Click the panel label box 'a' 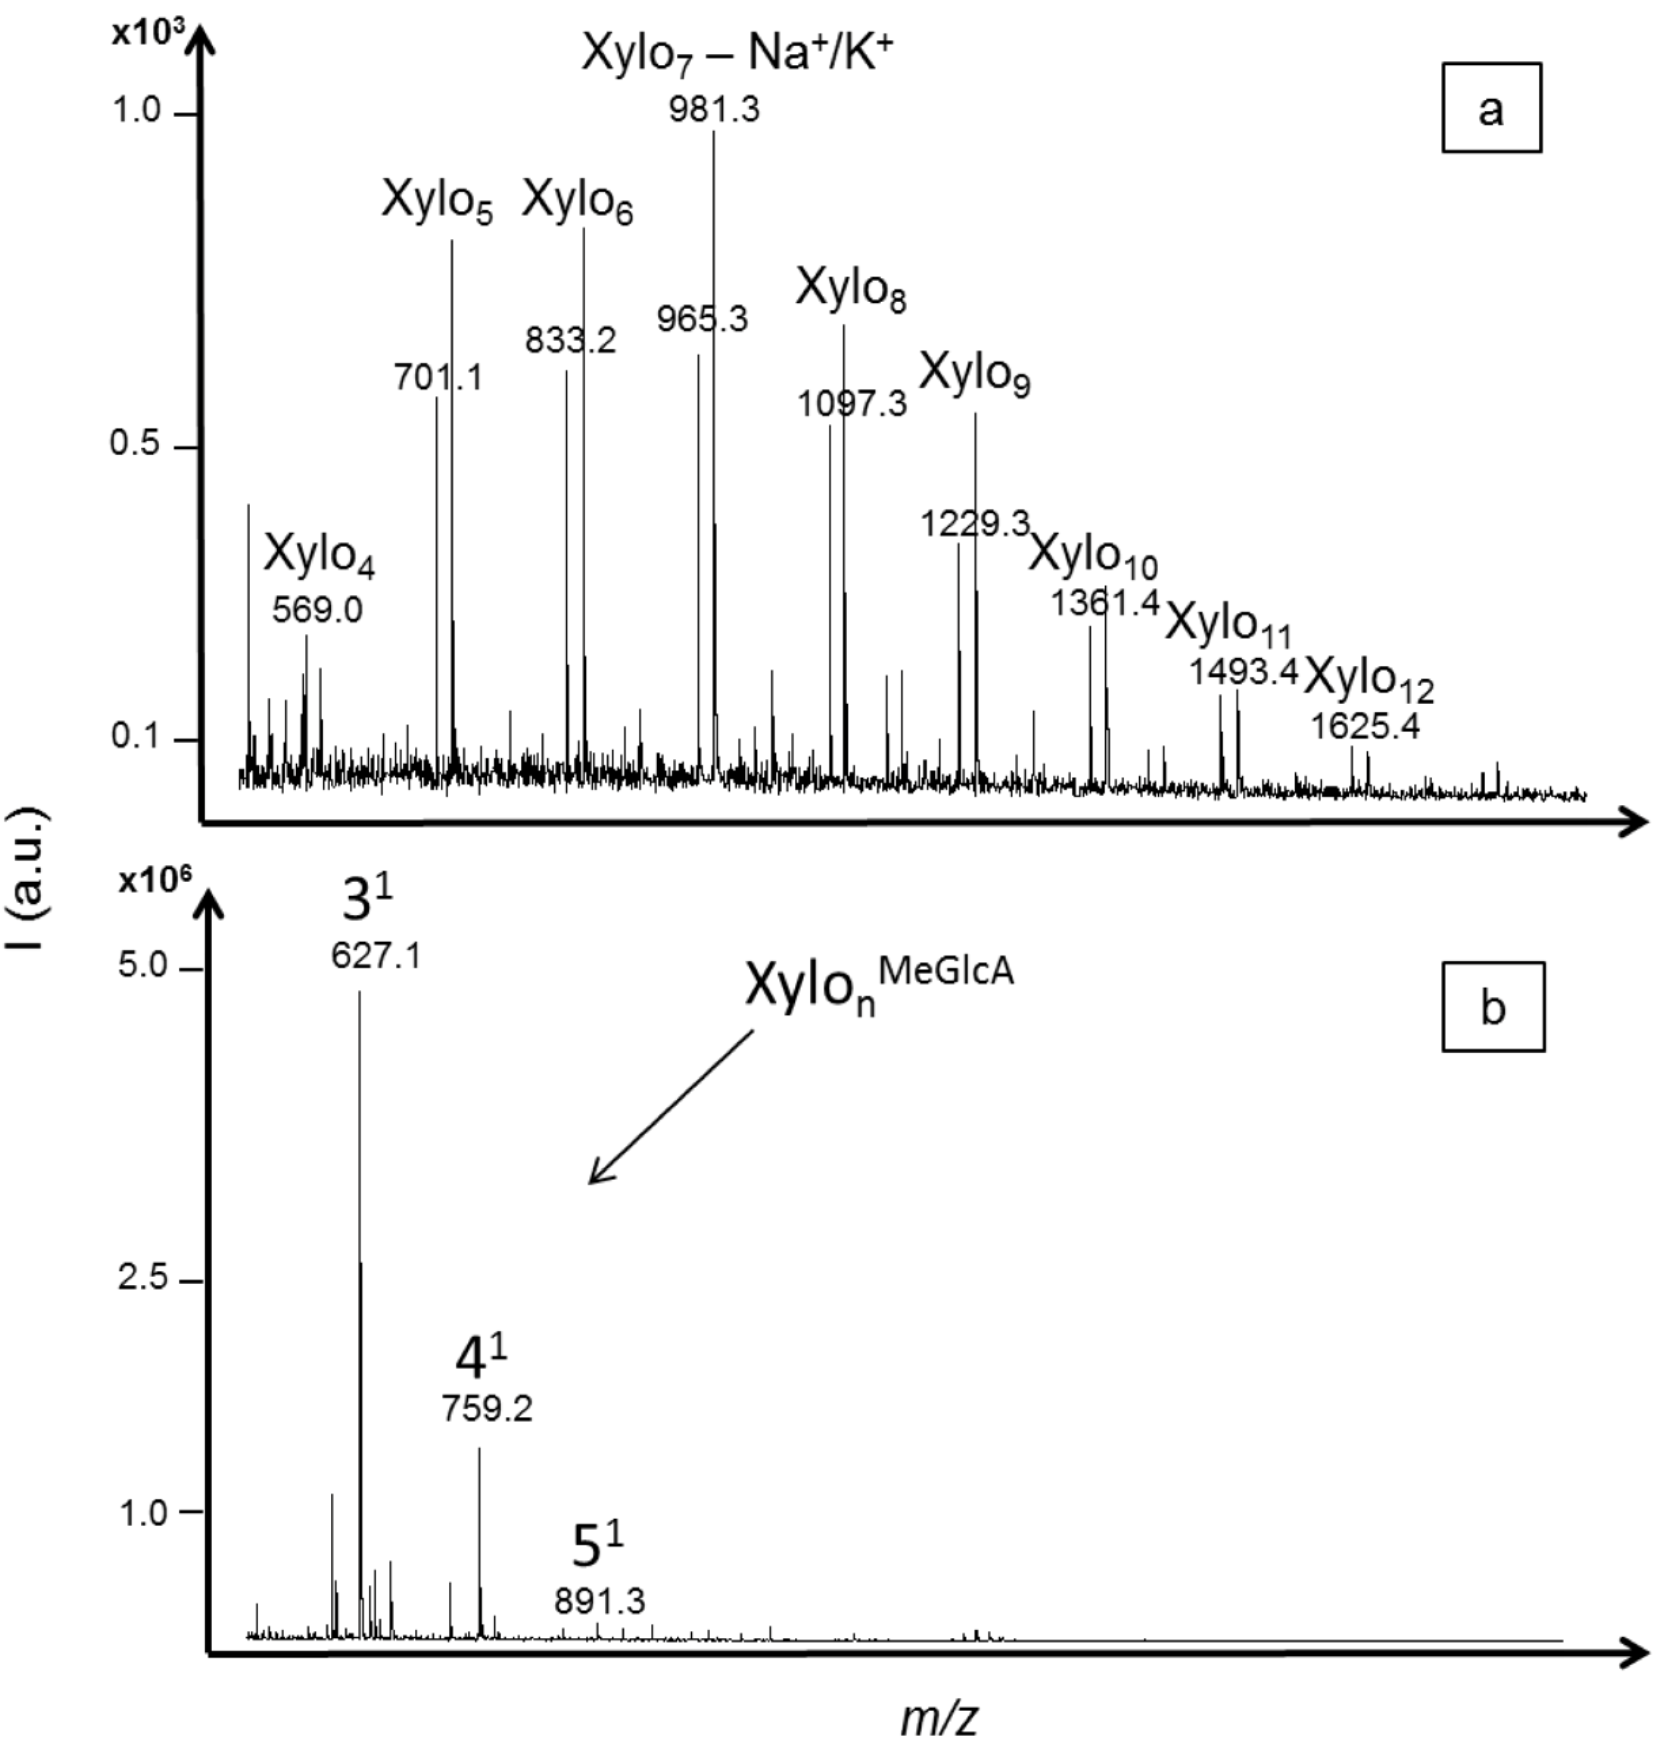[1491, 107]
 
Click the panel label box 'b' [1493, 1006]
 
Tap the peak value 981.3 [713, 110]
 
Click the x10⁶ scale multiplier [155, 881]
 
